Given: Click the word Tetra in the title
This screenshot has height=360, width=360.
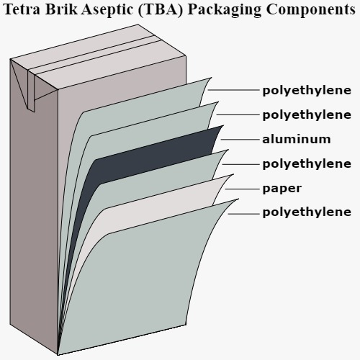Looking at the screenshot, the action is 22,9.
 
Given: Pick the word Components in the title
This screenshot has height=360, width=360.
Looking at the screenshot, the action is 311,10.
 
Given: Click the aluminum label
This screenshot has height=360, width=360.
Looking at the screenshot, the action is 297,139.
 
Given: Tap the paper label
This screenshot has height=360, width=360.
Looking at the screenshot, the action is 282,189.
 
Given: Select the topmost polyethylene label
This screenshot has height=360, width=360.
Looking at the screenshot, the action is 307,91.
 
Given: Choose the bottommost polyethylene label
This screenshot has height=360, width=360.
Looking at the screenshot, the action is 307,212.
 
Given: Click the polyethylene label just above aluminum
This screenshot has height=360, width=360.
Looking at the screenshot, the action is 307,115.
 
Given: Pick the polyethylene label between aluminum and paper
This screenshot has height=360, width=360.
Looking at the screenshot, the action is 307,164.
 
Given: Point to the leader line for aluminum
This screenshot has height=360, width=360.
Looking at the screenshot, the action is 240,139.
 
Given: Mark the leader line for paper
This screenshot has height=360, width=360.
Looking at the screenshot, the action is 243,189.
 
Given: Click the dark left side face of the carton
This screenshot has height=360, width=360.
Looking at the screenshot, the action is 34,216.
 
